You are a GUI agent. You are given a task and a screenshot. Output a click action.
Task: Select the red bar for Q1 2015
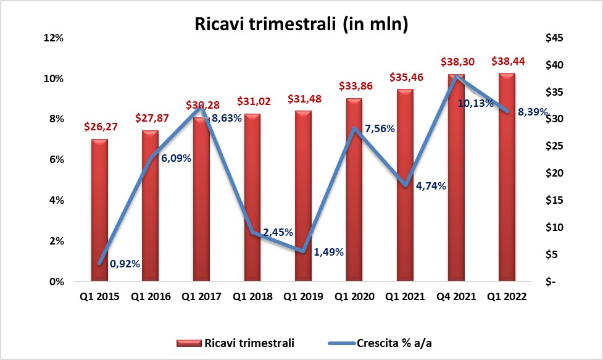tap(99, 210)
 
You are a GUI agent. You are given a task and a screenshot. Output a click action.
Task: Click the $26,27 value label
tap(100, 127)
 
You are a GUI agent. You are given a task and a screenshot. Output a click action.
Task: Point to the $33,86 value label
tap(354, 86)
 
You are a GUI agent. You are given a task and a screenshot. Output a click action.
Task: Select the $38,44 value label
tap(507, 61)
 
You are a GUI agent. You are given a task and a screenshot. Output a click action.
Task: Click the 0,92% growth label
tap(125, 264)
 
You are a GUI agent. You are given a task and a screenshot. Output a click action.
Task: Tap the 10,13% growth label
tap(475, 103)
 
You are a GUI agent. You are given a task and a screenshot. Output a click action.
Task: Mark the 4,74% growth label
tap(430, 185)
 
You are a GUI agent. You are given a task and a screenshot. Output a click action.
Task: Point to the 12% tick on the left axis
tap(53, 38)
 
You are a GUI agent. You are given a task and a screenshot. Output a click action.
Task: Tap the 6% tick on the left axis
tap(56, 160)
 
